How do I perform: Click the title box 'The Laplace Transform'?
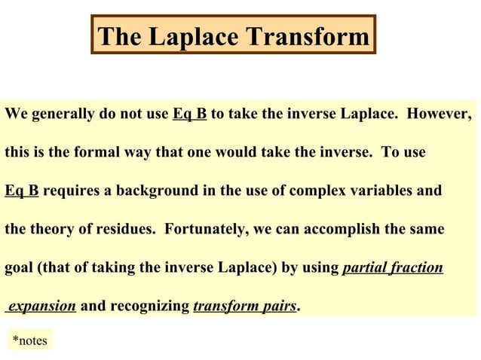point(233,35)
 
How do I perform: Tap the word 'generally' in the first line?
point(62,115)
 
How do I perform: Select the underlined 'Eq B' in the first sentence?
point(190,115)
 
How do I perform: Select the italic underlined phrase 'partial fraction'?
point(392,267)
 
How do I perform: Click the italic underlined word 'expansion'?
point(41,306)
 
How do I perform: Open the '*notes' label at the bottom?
point(30,341)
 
